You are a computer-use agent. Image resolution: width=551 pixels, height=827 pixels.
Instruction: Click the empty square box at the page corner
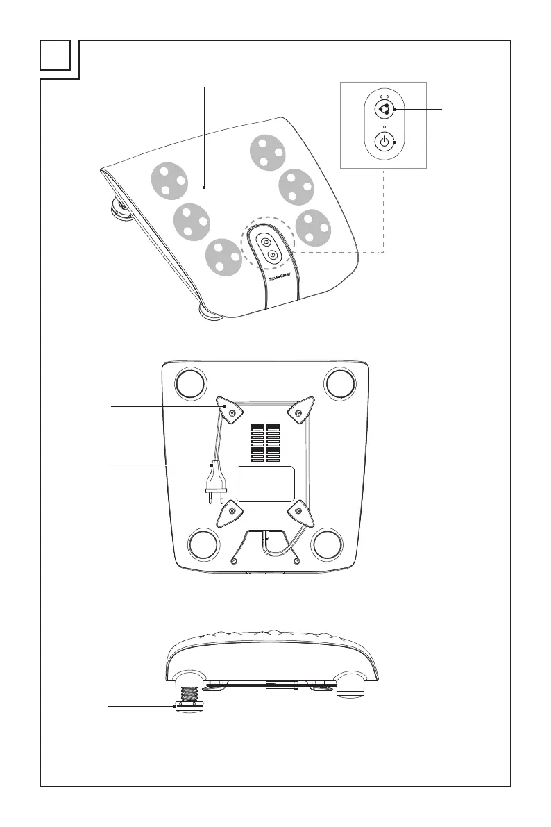pyautogui.click(x=56, y=56)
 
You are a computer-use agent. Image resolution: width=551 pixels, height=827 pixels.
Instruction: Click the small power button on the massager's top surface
pyautogui.click(x=273, y=255)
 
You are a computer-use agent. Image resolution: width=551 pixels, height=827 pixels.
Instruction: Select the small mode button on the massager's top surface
pyautogui.click(x=266, y=242)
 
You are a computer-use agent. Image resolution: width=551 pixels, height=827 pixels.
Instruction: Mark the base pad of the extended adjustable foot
pyautogui.click(x=187, y=708)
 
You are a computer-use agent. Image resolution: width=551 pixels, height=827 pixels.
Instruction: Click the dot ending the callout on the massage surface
pyautogui.click(x=205, y=186)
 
